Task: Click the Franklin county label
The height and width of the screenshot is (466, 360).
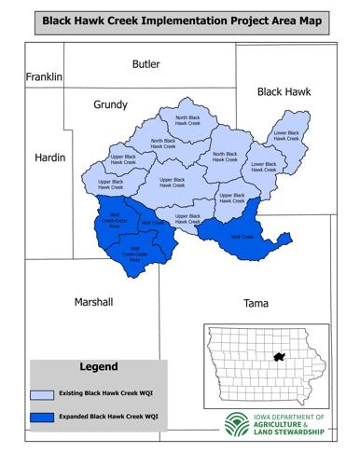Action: click(x=43, y=76)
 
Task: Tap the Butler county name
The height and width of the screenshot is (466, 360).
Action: click(x=145, y=64)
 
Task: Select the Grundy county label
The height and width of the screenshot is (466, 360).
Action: click(x=110, y=105)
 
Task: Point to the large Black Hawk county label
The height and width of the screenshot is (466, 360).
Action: click(x=284, y=91)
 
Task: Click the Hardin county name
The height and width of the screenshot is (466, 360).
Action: click(x=49, y=158)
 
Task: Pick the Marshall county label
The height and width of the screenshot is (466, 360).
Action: click(x=92, y=302)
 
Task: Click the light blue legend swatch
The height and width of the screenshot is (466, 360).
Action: click(x=42, y=392)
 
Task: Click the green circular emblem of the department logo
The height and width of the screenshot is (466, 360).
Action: click(x=236, y=424)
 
